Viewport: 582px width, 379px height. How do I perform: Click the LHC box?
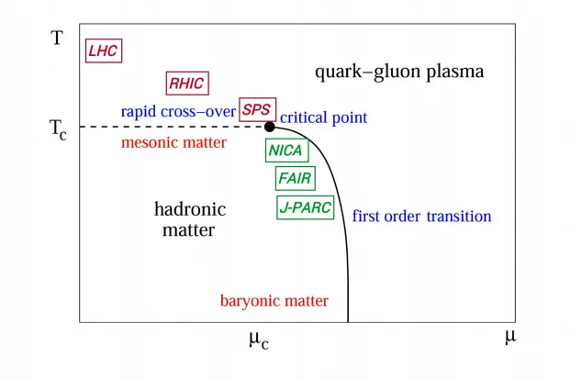tap(104, 50)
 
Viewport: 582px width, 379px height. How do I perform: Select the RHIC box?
tap(187, 84)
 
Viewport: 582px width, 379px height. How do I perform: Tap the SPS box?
tap(257, 109)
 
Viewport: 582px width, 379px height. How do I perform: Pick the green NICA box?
tap(286, 150)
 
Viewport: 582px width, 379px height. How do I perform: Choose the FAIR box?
tap(295, 179)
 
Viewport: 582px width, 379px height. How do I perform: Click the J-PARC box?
tap(305, 207)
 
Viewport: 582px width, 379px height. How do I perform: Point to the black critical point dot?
tap(270, 127)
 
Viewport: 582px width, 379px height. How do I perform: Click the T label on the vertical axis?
tap(57, 38)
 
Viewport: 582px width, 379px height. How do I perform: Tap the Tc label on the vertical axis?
tap(58, 129)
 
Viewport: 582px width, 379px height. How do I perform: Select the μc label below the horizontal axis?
tap(259, 340)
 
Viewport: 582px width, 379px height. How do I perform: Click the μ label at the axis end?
tap(510, 337)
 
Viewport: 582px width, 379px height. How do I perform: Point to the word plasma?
tap(455, 72)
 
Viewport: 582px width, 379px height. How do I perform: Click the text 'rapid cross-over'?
tap(178, 111)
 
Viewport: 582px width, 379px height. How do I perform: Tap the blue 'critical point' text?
tap(323, 117)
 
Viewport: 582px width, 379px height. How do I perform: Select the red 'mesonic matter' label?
tap(173, 142)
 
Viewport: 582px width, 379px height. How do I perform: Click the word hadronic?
tap(190, 209)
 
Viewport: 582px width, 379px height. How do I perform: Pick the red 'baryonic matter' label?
tap(274, 301)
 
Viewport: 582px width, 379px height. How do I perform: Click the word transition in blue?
tap(459, 217)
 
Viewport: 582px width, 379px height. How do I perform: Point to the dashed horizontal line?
tap(172, 127)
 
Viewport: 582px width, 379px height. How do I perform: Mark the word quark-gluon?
tap(368, 72)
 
